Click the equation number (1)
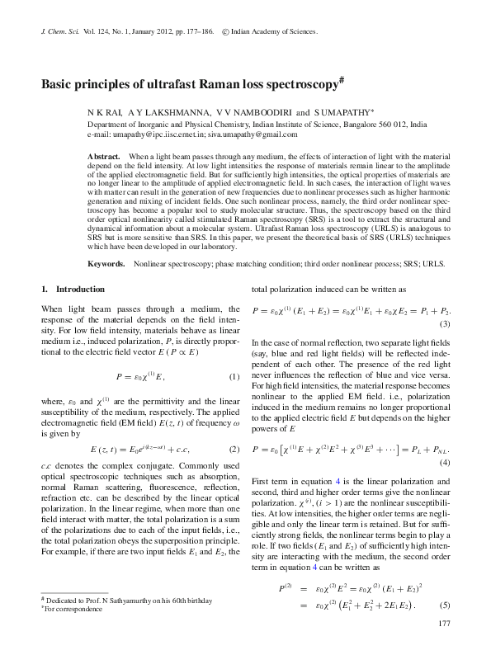pyautogui.click(x=234, y=377)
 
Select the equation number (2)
pyautogui.click(x=234, y=449)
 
